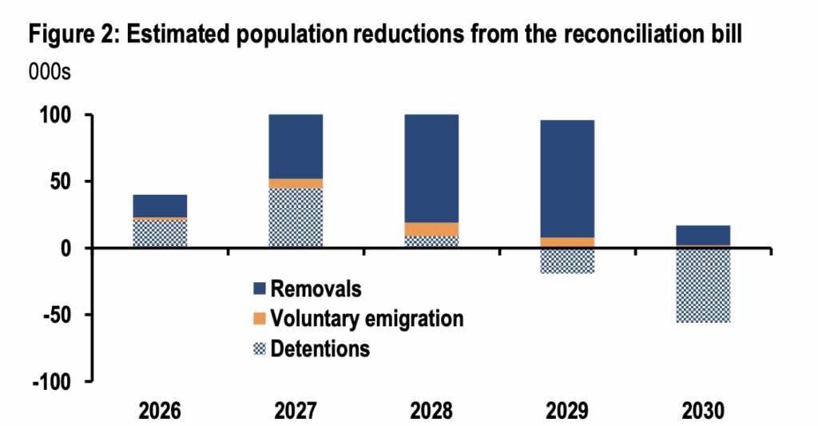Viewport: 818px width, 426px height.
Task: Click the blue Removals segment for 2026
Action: pyautogui.click(x=160, y=205)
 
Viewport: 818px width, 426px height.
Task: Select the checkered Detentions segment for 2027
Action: pyautogui.click(x=296, y=217)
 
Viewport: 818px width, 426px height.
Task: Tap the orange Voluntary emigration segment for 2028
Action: pyautogui.click(x=431, y=229)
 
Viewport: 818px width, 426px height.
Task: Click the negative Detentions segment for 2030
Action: pyautogui.click(x=703, y=285)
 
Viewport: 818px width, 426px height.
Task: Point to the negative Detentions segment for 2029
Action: pyautogui.click(x=567, y=261)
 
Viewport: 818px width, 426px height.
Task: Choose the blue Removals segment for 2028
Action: pyautogui.click(x=431, y=168)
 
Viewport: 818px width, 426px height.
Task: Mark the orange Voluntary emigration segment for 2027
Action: pyautogui.click(x=296, y=183)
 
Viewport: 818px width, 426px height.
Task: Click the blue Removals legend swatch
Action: pyautogui.click(x=257, y=289)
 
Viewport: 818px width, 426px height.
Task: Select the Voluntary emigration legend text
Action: pyautogui.click(x=367, y=318)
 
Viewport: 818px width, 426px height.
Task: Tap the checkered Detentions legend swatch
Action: pyautogui.click(x=257, y=349)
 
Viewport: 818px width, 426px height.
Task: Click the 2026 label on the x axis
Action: pyautogui.click(x=160, y=411)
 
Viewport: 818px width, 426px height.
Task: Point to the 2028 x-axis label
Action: pyautogui.click(x=431, y=411)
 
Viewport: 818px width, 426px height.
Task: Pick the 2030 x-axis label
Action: pyautogui.click(x=703, y=411)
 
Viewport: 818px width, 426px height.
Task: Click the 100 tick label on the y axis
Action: pyautogui.click(x=58, y=115)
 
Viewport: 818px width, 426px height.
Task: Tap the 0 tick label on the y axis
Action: pyautogui.click(x=67, y=249)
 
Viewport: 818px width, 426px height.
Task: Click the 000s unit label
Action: pyautogui.click(x=50, y=71)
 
